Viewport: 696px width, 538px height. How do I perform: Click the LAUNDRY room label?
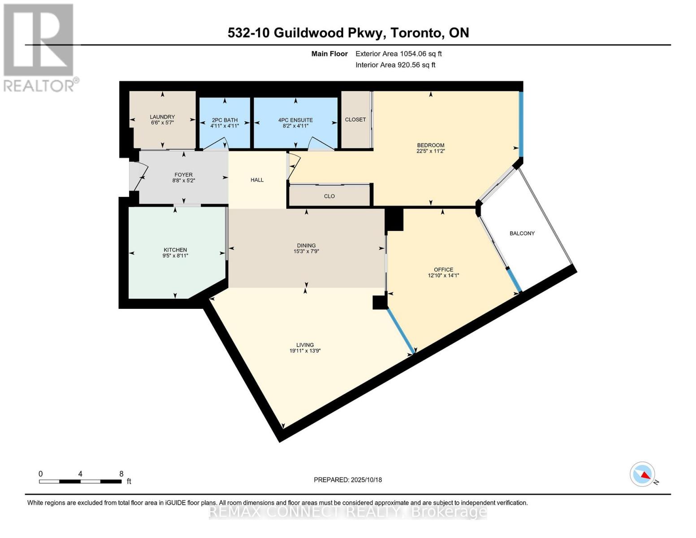tap(162, 117)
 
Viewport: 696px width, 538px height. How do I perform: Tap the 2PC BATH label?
tap(225, 120)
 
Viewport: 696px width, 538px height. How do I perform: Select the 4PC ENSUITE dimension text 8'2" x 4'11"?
tap(295, 126)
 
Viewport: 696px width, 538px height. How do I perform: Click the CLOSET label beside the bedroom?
tap(355, 120)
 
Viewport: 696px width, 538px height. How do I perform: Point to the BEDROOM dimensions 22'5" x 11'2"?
tap(430, 151)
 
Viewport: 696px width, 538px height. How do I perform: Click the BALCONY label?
tap(522, 233)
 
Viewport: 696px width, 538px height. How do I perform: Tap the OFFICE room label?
tap(443, 269)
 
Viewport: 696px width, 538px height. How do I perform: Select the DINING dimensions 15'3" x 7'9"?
tap(306, 252)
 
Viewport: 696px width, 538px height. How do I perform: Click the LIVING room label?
tap(305, 345)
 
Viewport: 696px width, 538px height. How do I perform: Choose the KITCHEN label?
tap(175, 250)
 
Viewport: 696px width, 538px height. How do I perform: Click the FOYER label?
tap(183, 175)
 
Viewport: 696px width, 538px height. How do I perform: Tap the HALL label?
tap(257, 180)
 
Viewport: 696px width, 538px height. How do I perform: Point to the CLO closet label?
tap(329, 196)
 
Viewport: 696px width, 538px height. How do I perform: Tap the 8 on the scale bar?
tap(121, 473)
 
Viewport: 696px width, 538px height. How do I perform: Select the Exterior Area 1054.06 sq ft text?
tap(398, 54)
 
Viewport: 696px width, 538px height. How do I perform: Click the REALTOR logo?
tap(39, 47)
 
